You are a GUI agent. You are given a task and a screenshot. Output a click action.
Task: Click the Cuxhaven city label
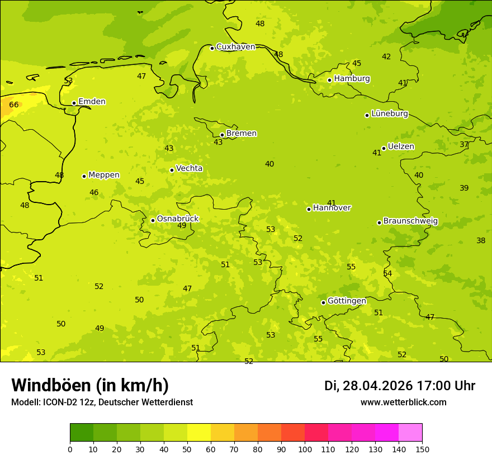pyautogui.click(x=235, y=47)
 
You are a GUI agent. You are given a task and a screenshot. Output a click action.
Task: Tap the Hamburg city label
pyautogui.click(x=352, y=79)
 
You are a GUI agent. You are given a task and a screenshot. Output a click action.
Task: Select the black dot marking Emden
pyautogui.click(x=74, y=103)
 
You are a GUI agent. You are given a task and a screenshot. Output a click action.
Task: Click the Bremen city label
pyautogui.click(x=241, y=134)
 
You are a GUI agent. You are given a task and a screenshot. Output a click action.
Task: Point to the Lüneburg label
pyautogui.click(x=389, y=114)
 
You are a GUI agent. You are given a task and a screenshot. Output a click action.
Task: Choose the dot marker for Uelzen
pyautogui.click(x=384, y=148)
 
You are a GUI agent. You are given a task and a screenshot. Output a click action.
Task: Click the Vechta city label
pyautogui.click(x=189, y=169)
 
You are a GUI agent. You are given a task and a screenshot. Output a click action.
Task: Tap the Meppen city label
pyautogui.click(x=103, y=175)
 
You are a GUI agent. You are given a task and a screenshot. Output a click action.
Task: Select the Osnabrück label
pyautogui.click(x=177, y=219)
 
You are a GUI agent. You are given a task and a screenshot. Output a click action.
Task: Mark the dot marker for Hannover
pyautogui.click(x=309, y=209)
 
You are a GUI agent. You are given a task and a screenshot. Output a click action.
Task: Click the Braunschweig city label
pyautogui.click(x=410, y=221)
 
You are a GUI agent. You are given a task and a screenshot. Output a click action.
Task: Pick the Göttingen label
pyautogui.click(x=347, y=301)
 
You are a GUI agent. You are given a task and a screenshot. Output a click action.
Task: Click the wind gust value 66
pyautogui.click(x=14, y=105)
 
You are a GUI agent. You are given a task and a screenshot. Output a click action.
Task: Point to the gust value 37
pyautogui.click(x=464, y=144)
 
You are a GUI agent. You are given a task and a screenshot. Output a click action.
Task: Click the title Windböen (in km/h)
pyautogui.click(x=90, y=385)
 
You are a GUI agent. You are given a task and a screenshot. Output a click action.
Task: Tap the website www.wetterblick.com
pyautogui.click(x=403, y=403)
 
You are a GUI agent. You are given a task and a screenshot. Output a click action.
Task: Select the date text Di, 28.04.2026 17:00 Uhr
pyautogui.click(x=399, y=386)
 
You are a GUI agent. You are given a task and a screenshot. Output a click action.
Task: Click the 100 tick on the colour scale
pyautogui.click(x=305, y=449)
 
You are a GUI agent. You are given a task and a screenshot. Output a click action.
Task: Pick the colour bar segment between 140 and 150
pyautogui.click(x=410, y=433)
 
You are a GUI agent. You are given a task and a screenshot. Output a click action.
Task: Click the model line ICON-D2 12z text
pyautogui.click(x=102, y=403)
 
